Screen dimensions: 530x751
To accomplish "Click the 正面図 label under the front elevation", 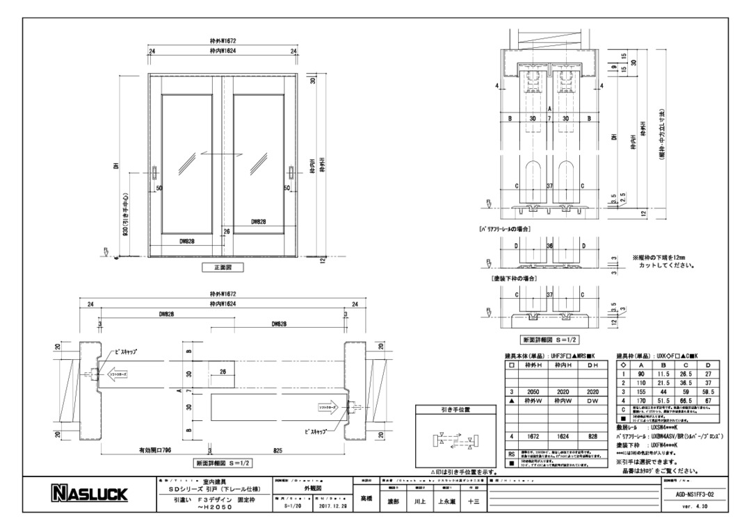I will pyautogui.click(x=222, y=267).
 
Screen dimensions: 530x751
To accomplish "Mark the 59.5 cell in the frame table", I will pyautogui.click(x=709, y=392).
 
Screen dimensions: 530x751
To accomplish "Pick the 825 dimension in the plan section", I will pyautogui.click(x=277, y=450).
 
